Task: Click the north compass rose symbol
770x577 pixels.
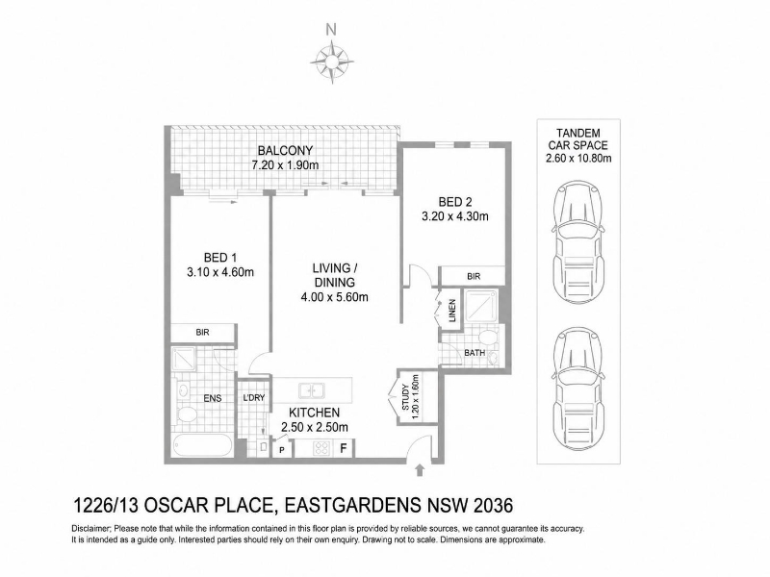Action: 332,63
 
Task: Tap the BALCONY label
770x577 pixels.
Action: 285,150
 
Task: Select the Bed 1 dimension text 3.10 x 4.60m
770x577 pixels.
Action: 220,272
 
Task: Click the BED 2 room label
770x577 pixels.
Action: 455,202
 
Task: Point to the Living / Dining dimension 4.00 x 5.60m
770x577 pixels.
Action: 334,297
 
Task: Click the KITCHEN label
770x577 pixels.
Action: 315,413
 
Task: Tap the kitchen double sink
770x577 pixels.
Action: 311,391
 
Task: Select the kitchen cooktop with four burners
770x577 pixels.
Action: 321,448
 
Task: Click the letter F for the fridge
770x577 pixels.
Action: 344,448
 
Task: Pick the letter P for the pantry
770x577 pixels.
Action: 282,449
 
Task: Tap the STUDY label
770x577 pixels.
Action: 405,398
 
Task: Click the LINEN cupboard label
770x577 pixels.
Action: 452,310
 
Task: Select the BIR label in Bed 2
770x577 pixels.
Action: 474,277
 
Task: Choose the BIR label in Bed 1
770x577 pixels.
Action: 202,332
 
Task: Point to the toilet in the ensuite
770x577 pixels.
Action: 187,414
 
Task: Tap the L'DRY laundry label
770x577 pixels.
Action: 254,398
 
